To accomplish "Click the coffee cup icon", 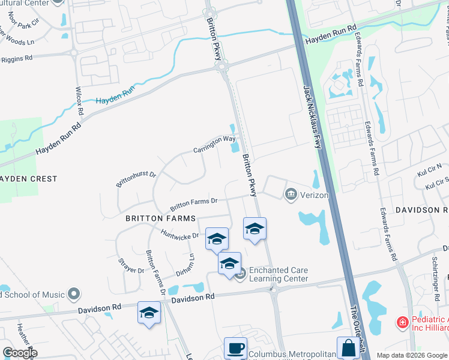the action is (235, 349).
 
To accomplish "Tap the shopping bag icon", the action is (348, 349).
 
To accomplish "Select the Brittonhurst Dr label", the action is (136, 178).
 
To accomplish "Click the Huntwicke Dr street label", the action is (179, 233).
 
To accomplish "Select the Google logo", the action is (20, 352).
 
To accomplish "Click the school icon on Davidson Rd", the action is (149, 313).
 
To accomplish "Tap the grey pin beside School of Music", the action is (74, 294).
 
